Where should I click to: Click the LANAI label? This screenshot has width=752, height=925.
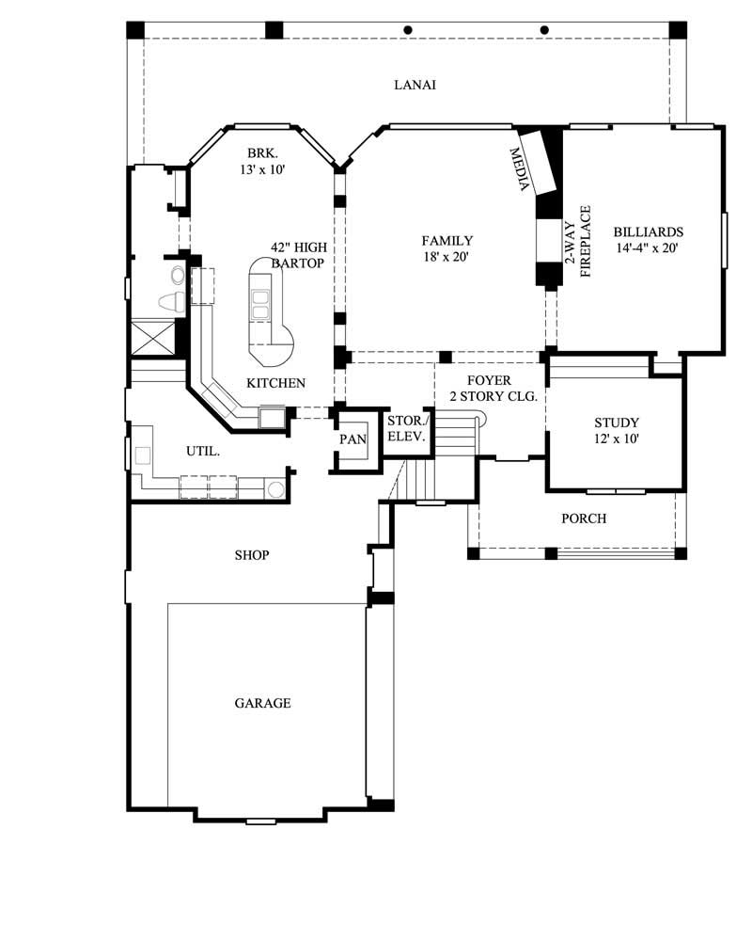[415, 85]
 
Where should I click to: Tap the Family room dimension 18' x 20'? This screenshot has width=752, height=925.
[447, 256]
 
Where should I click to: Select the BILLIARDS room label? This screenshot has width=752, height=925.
[648, 231]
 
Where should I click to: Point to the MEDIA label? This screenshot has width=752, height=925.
[519, 169]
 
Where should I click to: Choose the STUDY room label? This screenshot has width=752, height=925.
[617, 423]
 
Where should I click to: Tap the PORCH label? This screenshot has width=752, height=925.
[584, 518]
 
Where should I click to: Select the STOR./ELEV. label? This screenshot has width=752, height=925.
[408, 428]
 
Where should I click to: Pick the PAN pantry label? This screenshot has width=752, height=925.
[352, 439]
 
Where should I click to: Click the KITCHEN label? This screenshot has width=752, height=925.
[275, 383]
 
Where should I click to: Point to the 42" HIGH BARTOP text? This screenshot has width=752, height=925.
[298, 255]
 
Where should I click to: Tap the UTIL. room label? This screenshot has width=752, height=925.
[203, 452]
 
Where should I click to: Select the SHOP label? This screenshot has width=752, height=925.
[252, 555]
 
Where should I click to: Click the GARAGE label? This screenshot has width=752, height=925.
[262, 703]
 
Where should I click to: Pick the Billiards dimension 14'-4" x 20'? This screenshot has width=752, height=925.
[648, 248]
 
